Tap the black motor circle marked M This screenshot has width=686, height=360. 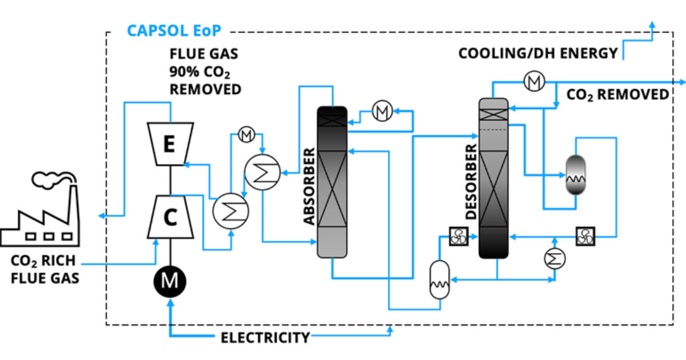pos(169,281)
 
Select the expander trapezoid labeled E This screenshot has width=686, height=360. pos(169,143)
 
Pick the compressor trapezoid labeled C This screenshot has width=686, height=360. pos(170,217)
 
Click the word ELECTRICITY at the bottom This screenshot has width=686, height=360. pos(265,337)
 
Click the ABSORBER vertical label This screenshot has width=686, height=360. pos(309,186)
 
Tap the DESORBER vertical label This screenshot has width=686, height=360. pos(470,182)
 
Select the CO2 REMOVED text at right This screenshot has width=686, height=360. pos(617,95)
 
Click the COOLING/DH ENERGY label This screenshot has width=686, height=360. pos(538,54)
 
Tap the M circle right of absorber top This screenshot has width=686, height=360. pos(381,112)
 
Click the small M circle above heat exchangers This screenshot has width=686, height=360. pos(246,135)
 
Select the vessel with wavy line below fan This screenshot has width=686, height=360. pos(439,279)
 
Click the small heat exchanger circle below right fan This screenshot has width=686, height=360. pos(554,259)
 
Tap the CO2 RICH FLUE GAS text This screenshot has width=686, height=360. pos(43,270)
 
